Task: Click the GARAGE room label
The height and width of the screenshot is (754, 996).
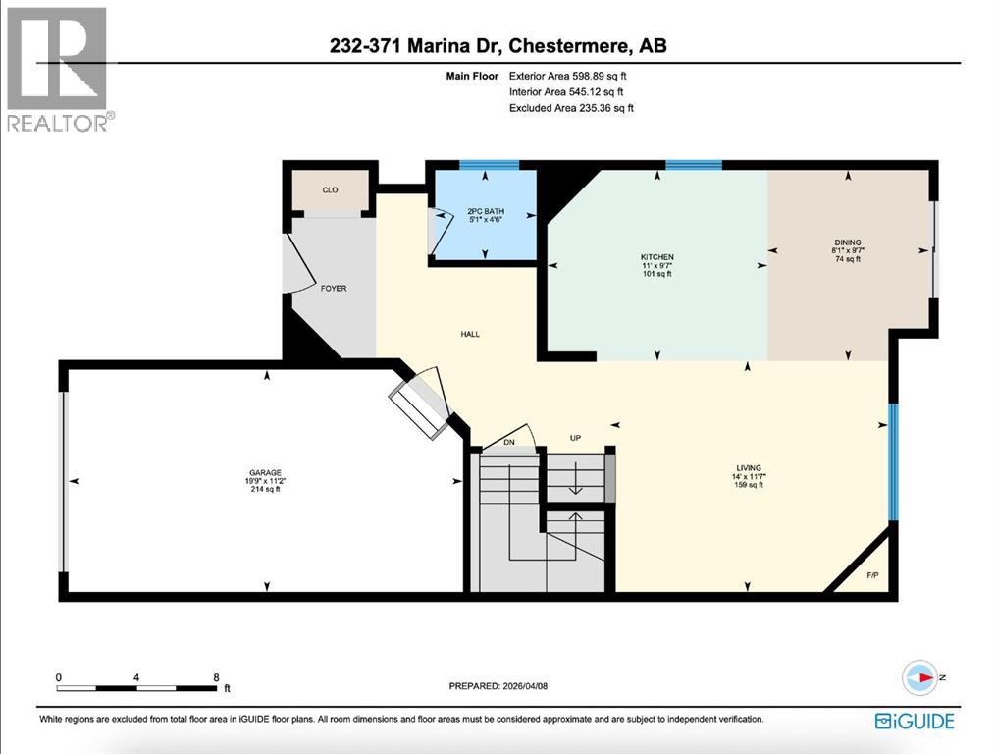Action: (264, 472)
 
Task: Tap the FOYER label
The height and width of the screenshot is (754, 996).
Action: (333, 289)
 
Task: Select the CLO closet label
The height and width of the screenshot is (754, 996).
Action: (330, 190)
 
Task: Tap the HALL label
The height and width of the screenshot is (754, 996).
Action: (470, 334)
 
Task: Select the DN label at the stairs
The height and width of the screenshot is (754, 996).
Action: (508, 443)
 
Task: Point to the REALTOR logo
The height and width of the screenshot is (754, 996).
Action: (60, 69)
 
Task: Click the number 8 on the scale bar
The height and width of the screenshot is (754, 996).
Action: (216, 677)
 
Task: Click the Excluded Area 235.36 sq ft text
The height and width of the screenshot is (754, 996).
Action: (571, 108)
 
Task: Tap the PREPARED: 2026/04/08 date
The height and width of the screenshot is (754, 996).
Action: (504, 687)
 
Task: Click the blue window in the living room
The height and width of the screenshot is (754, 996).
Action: (893, 461)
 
